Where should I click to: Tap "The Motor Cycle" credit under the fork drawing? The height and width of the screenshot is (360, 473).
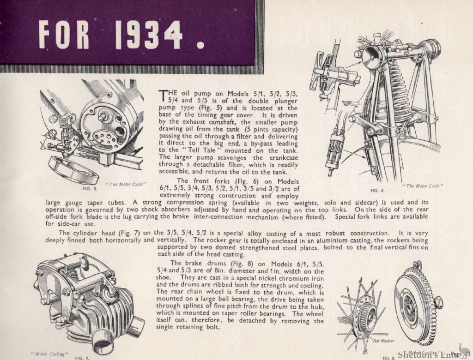423,186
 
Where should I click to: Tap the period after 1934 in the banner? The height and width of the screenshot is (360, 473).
200,45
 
